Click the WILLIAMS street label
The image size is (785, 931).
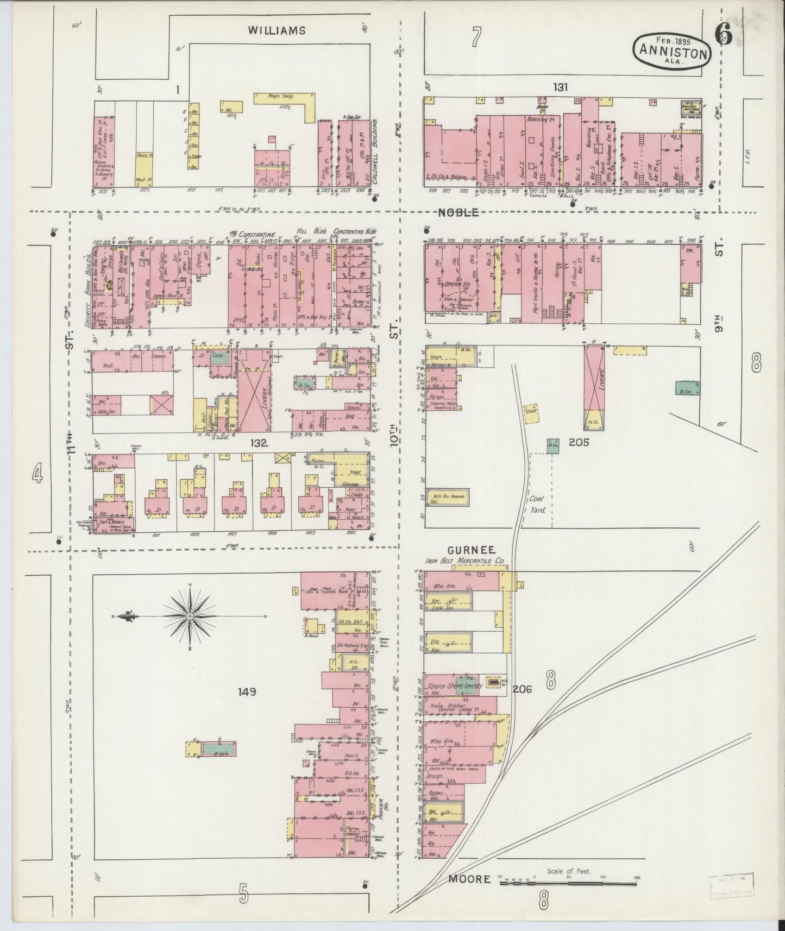277,30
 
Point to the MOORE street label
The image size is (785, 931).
469,878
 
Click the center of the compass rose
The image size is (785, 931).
190,617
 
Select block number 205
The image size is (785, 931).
579,442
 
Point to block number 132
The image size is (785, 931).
259,443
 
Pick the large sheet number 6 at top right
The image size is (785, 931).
724,35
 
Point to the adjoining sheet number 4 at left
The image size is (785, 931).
37,475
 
